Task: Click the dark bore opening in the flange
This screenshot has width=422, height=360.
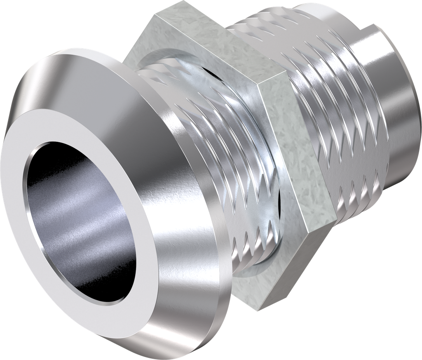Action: pyautogui.click(x=78, y=223)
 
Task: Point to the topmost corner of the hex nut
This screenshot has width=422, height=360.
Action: pyautogui.click(x=181, y=2)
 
